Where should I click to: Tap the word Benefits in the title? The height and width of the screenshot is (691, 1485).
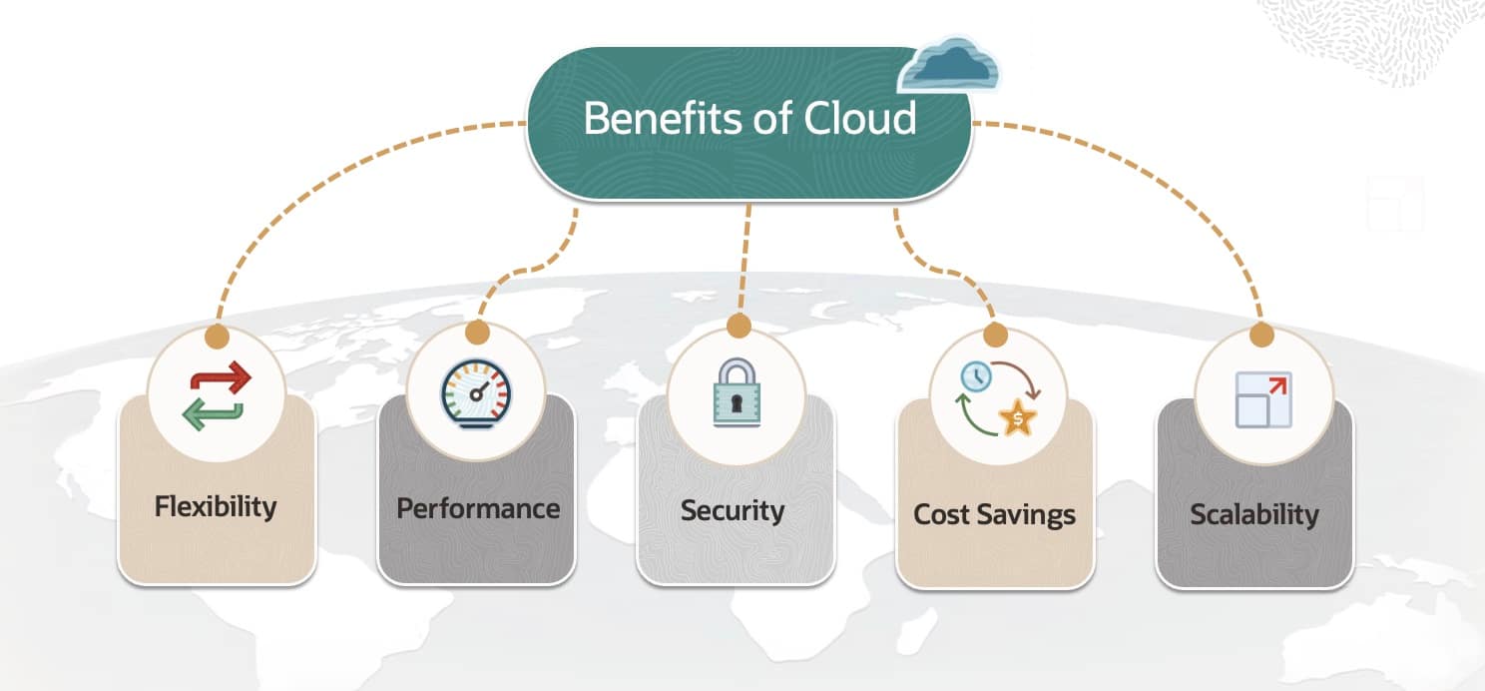(664, 119)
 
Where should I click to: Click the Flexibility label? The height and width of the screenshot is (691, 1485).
(216, 506)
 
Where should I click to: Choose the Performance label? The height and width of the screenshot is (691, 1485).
(477, 508)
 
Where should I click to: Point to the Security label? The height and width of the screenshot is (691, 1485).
(733, 510)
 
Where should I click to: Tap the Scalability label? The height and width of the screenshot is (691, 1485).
(1254, 515)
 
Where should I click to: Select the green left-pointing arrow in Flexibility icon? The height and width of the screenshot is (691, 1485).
(212, 413)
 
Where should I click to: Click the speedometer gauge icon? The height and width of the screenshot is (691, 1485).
(475, 393)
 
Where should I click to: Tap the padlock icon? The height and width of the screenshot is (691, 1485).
(737, 393)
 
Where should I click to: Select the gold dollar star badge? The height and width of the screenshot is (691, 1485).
(1018, 418)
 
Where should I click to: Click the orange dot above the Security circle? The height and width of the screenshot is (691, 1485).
(739, 326)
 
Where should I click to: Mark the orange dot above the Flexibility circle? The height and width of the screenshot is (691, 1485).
(217, 337)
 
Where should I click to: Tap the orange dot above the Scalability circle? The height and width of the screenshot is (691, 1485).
(1261, 335)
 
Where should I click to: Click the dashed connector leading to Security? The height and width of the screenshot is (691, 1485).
(744, 260)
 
